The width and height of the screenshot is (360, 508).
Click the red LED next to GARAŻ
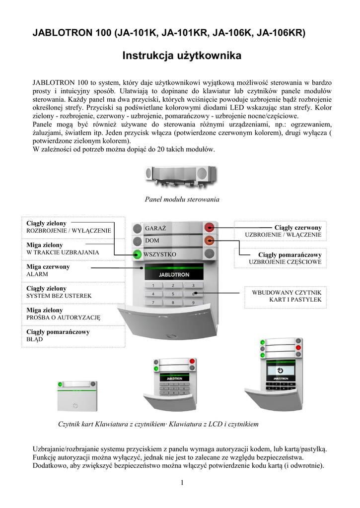[210, 228]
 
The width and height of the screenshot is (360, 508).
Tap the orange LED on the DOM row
[210, 241]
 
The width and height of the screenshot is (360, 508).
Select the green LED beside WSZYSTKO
[137, 255]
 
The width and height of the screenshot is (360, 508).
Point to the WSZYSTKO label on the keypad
[160, 254]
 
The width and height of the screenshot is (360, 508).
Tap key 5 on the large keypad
[173, 294]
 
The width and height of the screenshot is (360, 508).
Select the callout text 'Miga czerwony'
[48, 267]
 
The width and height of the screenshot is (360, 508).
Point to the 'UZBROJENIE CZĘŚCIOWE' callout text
[285, 261]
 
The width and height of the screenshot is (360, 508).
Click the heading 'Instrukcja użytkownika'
[182, 56]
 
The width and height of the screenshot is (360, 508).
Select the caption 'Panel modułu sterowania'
[182, 199]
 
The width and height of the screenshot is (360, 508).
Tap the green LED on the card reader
[61, 384]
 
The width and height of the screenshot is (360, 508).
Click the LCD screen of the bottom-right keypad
[281, 371]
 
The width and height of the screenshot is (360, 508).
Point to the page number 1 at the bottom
[182, 483]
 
